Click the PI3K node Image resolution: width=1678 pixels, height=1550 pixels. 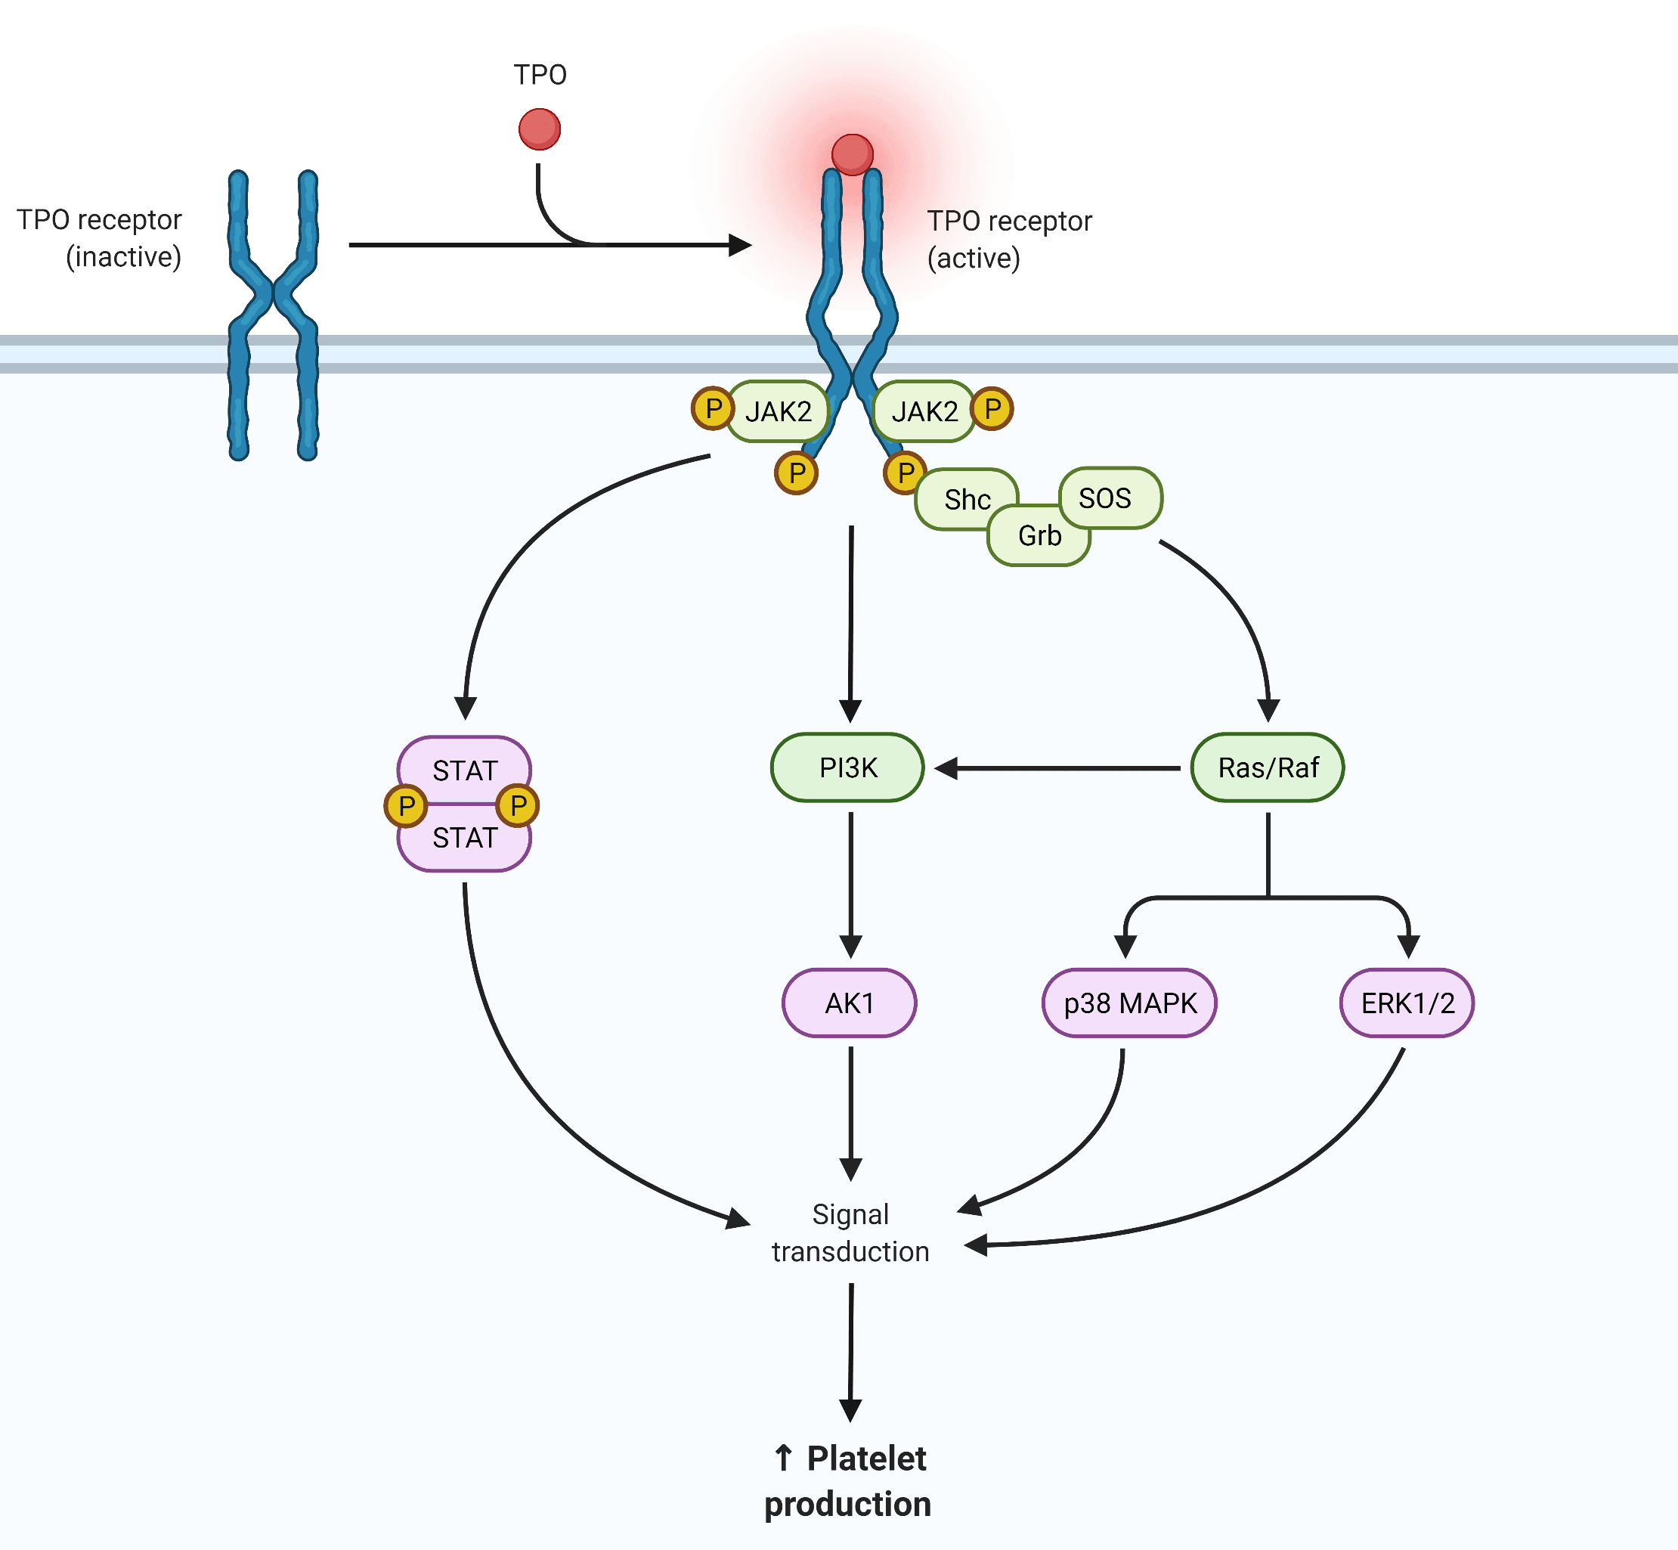click(x=847, y=767)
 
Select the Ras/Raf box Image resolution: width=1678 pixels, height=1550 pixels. click(x=1267, y=767)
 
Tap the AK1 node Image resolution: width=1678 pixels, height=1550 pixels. click(x=850, y=1003)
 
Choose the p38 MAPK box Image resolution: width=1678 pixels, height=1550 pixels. click(x=1128, y=1003)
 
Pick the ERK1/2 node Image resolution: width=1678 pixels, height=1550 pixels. click(x=1407, y=1003)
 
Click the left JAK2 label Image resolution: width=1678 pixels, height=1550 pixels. click(x=779, y=411)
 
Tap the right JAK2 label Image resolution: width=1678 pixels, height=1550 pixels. click(x=924, y=411)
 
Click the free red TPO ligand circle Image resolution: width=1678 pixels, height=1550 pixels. click(x=539, y=130)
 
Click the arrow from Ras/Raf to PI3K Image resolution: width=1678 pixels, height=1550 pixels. click(x=1057, y=767)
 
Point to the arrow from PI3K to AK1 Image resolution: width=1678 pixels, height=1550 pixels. click(x=850, y=885)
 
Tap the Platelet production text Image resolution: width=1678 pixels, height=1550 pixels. click(x=848, y=1481)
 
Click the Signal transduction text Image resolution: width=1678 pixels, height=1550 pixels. click(x=850, y=1232)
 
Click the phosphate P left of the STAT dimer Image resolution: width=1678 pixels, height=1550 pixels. click(x=406, y=805)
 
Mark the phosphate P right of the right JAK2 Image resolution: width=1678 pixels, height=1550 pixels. click(x=992, y=409)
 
